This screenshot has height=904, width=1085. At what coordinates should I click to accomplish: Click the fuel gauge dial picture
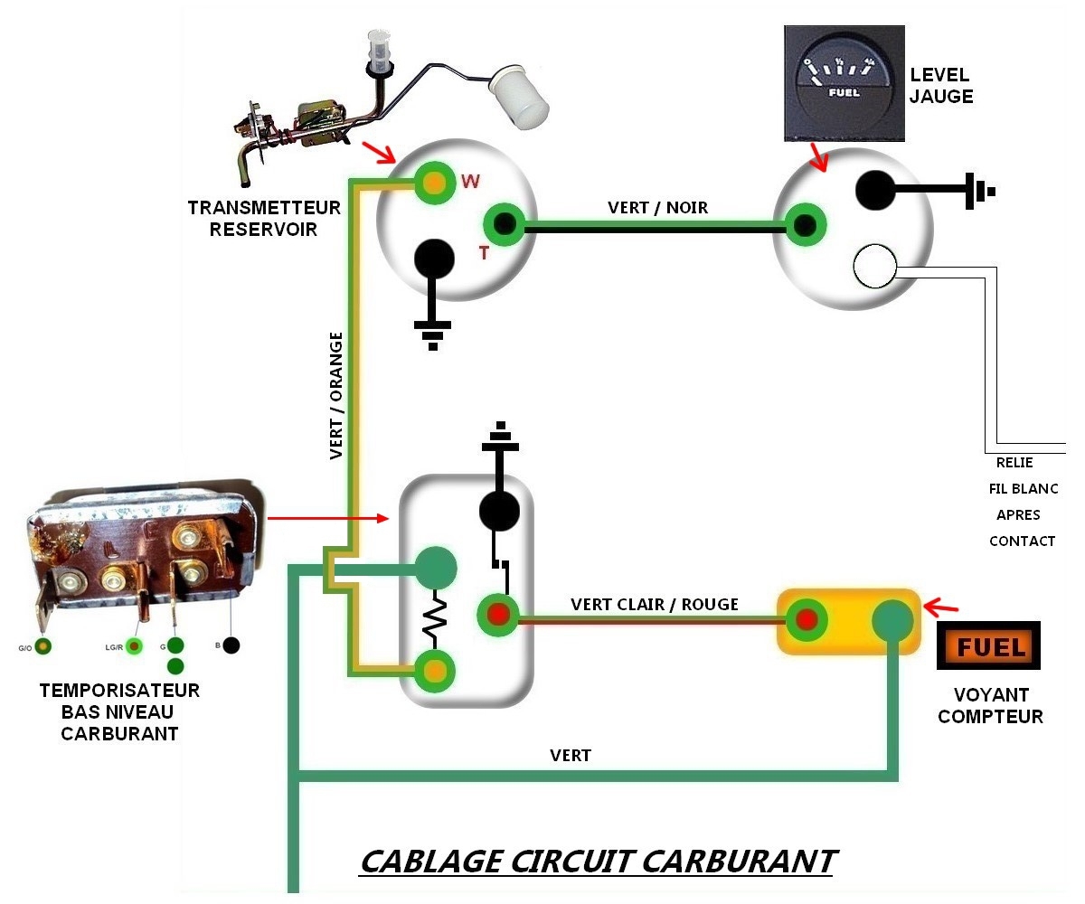pos(844,83)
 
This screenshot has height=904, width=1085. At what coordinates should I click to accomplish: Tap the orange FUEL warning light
pos(989,645)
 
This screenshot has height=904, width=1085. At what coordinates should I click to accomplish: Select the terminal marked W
pos(436,183)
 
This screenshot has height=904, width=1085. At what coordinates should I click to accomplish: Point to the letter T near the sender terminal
pos(484,253)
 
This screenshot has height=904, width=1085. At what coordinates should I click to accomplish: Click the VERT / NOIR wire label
pos(657,208)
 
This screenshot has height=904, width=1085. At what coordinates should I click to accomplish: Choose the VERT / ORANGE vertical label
pos(336,395)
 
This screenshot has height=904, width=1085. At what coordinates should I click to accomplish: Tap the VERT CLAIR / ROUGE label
pos(655,604)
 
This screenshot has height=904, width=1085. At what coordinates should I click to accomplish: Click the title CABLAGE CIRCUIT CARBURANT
pos(598,861)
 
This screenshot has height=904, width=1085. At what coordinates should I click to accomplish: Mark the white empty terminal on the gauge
pos(874,267)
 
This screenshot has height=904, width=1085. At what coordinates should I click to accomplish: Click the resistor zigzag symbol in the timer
pos(435,618)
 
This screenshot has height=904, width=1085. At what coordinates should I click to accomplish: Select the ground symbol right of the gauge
pos(980,192)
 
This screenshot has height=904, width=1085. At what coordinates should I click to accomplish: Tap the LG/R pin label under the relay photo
pos(114,646)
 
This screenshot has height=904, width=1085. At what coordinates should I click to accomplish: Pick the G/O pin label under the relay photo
pos(24,647)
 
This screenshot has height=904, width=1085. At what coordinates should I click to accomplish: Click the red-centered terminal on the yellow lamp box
pos(806,621)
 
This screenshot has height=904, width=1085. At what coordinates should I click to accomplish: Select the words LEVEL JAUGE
pos(940,85)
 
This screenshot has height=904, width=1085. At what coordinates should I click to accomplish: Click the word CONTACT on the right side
pos(1022,541)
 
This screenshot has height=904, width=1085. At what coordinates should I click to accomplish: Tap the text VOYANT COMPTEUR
pos(990,706)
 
